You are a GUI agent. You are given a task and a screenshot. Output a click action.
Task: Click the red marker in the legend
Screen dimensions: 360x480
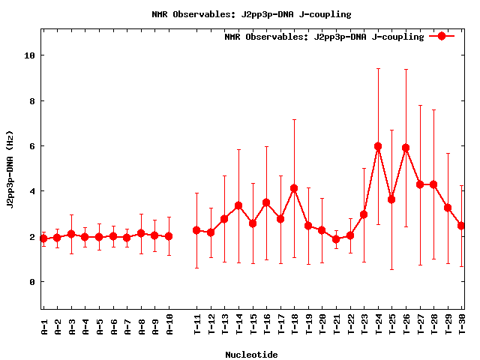[442, 36]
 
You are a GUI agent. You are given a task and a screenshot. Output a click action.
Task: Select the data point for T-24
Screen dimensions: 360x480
[378, 146]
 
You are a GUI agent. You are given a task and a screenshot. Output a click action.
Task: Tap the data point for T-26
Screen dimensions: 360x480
[406, 148]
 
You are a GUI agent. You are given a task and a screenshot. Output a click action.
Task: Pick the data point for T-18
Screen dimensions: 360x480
[294, 188]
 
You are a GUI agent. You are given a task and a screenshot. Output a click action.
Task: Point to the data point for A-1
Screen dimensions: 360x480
[43, 238]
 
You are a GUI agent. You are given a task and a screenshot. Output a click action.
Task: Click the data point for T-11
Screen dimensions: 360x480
[196, 230]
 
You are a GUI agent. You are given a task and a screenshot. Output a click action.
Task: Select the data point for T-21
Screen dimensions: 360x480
[336, 239]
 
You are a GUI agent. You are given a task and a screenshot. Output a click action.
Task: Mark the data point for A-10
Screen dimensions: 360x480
[169, 236]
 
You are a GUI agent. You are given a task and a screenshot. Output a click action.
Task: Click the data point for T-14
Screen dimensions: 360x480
[238, 205]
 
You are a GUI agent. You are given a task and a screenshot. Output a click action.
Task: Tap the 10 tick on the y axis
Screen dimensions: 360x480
[29, 55]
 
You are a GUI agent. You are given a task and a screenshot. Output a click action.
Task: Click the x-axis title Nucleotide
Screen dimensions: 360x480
[251, 355]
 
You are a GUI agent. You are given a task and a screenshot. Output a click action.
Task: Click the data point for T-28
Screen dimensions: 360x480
[433, 184]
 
